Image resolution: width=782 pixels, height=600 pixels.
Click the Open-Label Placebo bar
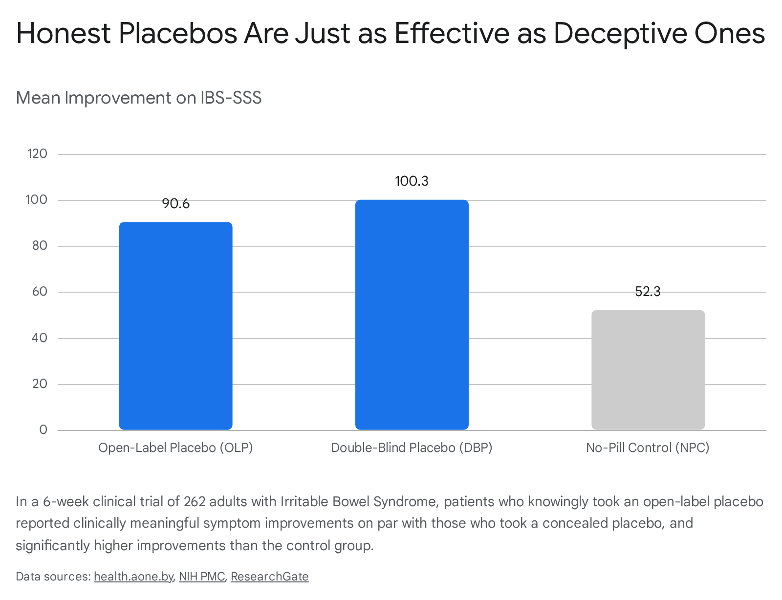point(175,325)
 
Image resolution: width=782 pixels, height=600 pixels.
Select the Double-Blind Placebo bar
point(412,314)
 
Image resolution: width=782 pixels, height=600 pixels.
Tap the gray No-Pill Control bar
point(648,370)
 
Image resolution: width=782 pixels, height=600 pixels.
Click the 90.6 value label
point(175,204)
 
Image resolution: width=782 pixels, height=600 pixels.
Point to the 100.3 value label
point(412,181)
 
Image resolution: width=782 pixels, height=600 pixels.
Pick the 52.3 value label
point(648,291)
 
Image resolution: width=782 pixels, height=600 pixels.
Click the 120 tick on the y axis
point(38,153)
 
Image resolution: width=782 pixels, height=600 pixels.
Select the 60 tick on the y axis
point(40,291)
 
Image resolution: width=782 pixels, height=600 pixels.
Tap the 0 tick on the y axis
point(43,429)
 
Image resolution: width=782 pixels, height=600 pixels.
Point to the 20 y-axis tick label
point(40,384)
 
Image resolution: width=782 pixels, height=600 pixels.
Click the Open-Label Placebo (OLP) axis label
point(175,448)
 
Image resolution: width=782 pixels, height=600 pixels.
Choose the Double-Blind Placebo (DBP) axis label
point(412,448)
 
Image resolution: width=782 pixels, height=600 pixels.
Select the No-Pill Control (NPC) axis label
point(648,448)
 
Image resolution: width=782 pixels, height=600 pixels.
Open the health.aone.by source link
point(133,576)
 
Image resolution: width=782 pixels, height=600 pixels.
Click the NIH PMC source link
point(202,576)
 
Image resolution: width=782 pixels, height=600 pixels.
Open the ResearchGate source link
point(269,576)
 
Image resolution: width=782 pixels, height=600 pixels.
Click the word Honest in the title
point(64,33)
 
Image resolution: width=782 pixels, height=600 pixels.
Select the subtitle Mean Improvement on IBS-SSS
point(138,98)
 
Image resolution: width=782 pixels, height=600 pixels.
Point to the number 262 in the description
point(195,501)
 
